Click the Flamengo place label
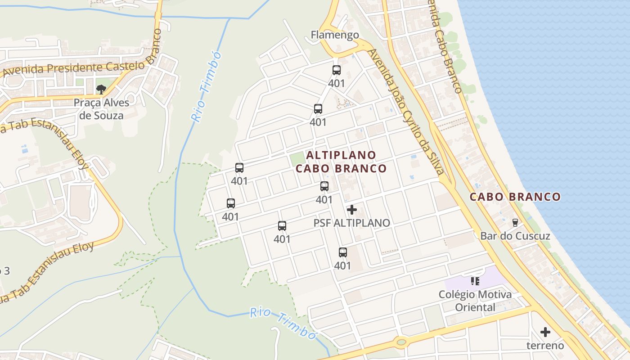tap(335, 35)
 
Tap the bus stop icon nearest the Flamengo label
tap(336, 70)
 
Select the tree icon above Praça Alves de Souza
tap(101, 89)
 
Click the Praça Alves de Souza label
tap(101, 109)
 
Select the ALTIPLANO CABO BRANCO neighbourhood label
tap(341, 162)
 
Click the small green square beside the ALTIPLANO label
tap(297, 159)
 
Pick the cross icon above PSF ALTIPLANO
tap(352, 210)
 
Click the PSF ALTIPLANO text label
tap(351, 223)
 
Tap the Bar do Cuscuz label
tap(515, 236)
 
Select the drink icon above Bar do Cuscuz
tap(515, 222)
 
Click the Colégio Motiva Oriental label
tap(475, 301)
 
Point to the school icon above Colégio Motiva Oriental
tap(475, 282)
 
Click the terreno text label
tap(545, 346)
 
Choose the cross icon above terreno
tap(545, 333)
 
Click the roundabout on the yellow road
tap(401, 342)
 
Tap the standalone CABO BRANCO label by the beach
tap(515, 197)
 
